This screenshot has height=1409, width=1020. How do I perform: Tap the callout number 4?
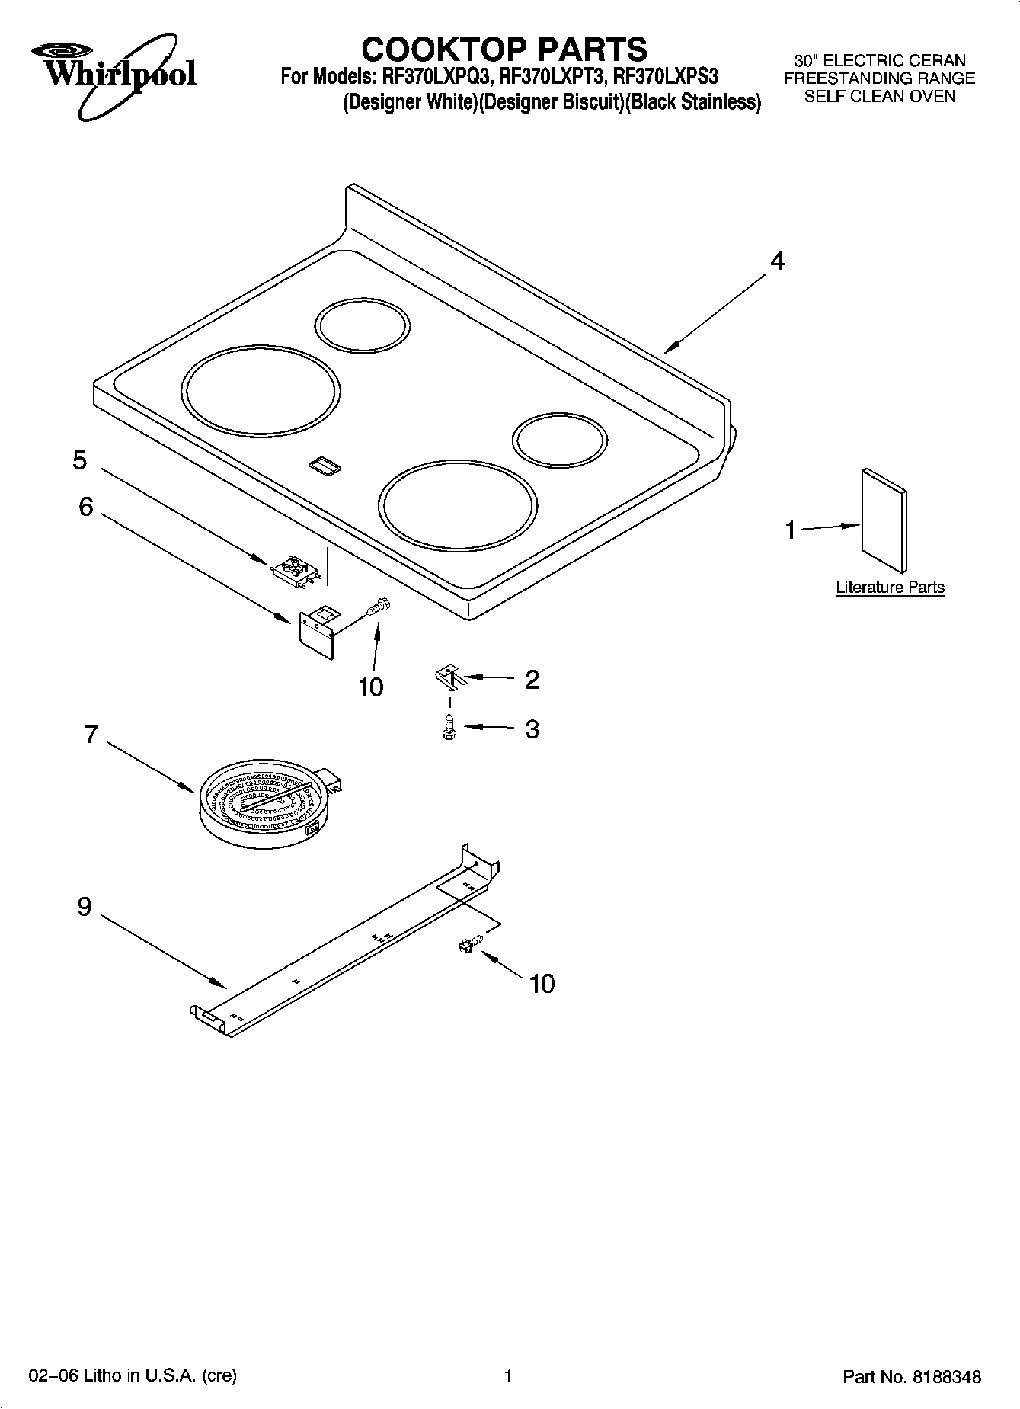776,261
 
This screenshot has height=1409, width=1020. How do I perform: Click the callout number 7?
91,734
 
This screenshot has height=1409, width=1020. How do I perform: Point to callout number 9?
85,907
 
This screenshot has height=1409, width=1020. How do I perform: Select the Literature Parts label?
890,588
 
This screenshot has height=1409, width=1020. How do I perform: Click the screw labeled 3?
449,728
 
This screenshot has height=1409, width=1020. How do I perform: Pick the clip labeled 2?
449,675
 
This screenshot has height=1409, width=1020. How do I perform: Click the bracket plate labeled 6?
317,629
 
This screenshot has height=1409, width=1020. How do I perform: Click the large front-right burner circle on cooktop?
457,505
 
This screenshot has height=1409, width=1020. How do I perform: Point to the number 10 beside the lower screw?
542,984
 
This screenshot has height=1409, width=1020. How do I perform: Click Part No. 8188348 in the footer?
911,1376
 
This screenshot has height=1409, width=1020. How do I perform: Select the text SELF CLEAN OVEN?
880,97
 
